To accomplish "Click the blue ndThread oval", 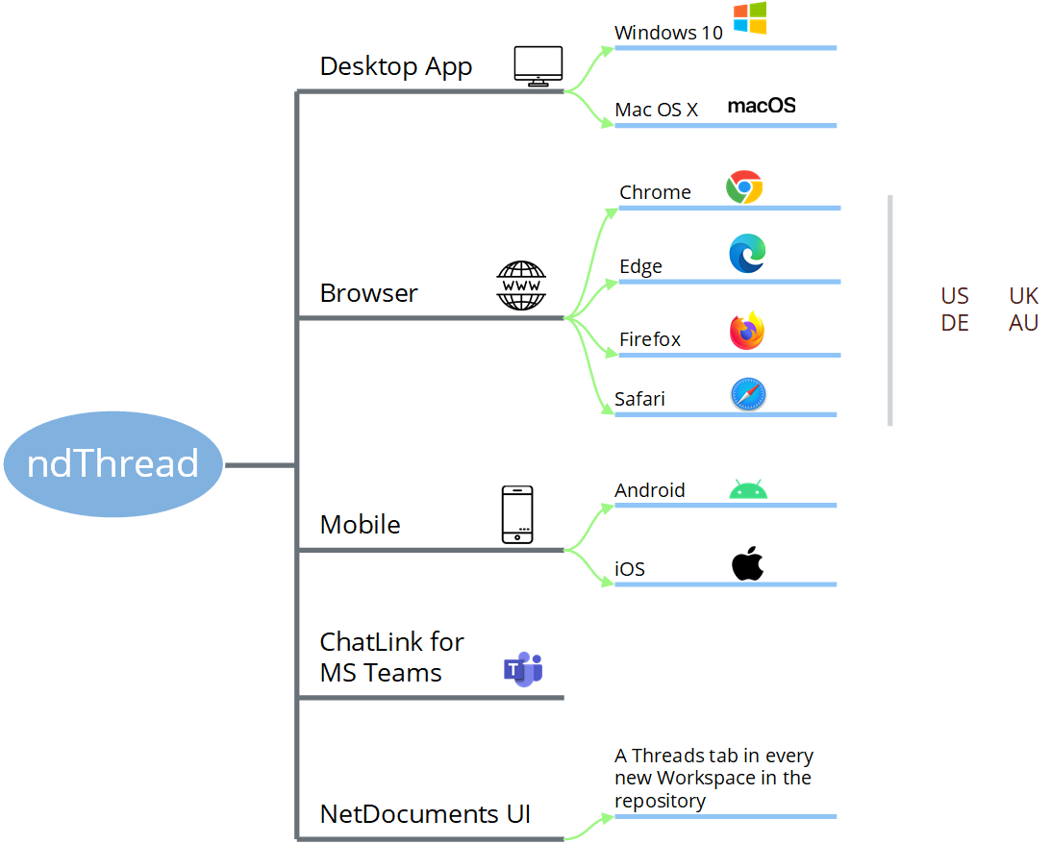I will pyautogui.click(x=113, y=464).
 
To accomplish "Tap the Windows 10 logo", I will pyautogui.click(x=750, y=18).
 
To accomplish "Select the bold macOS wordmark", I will pyautogui.click(x=762, y=106).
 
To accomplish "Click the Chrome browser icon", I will pyautogui.click(x=744, y=187).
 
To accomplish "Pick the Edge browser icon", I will pyautogui.click(x=747, y=254).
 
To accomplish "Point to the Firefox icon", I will pyautogui.click(x=747, y=332).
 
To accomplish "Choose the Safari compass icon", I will pyautogui.click(x=747, y=394).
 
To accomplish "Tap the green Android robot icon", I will pyautogui.click(x=748, y=490).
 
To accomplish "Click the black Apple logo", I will pyautogui.click(x=747, y=564).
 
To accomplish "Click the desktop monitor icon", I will pyautogui.click(x=538, y=66).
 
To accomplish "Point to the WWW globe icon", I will pyautogui.click(x=521, y=285).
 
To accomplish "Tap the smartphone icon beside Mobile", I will pyautogui.click(x=517, y=514).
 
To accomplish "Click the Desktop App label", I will pyautogui.click(x=396, y=66).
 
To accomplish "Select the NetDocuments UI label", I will pyautogui.click(x=425, y=814).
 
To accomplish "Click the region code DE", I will pyautogui.click(x=955, y=323).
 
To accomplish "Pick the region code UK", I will pyautogui.click(x=1024, y=295).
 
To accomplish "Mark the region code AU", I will pyautogui.click(x=1024, y=323).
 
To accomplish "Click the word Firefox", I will pyautogui.click(x=650, y=339).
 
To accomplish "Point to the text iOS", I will pyautogui.click(x=630, y=569).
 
